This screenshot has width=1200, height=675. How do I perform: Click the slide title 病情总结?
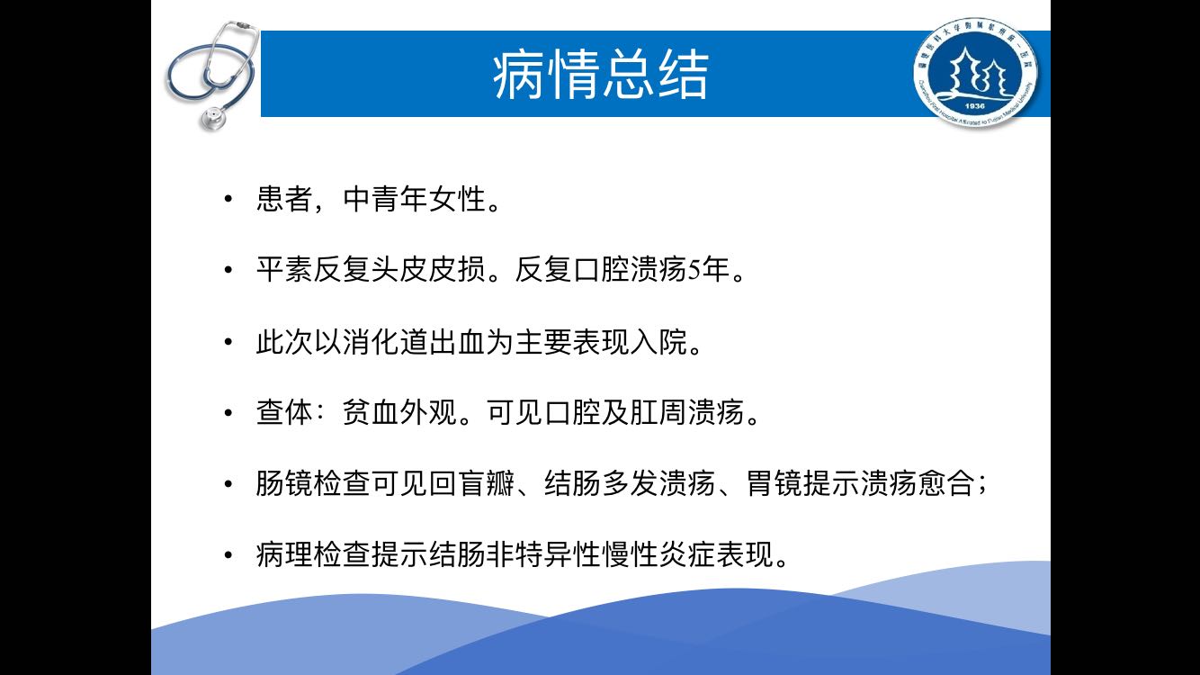tap(601, 74)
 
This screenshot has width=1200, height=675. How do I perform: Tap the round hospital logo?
tap(975, 73)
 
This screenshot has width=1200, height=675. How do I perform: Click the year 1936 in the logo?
tap(975, 106)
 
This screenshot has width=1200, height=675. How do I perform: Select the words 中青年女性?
tap(414, 199)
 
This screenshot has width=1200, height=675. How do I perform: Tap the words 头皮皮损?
tap(428, 269)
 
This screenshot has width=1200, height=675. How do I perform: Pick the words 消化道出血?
tap(414, 341)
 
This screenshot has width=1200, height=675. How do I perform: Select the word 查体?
tap(284, 412)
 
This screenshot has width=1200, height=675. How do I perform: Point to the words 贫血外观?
tap(399, 412)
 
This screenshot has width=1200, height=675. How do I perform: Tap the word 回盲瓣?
tap(471, 483)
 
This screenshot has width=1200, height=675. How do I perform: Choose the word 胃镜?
tap(775, 483)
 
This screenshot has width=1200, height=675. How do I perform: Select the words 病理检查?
tap(313, 554)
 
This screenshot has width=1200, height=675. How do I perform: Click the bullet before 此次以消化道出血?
tap(228, 341)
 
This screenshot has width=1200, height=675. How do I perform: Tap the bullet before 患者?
tap(228, 199)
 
